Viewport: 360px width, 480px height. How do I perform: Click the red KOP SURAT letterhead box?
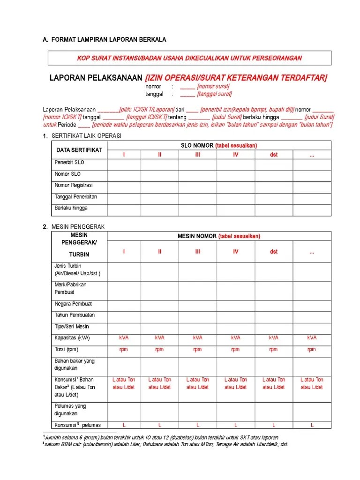[x=189, y=58]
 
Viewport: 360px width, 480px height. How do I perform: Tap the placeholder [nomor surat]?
[x=213, y=87]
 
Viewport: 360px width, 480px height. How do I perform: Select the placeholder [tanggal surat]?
[x=214, y=94]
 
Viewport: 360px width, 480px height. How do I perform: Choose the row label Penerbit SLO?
[x=69, y=163]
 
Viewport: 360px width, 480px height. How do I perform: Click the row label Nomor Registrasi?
[x=74, y=185]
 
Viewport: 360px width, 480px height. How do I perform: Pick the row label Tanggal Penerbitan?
[x=75, y=197]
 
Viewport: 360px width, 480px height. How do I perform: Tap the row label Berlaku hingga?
[x=71, y=208]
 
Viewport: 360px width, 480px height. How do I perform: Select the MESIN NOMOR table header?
[x=219, y=236]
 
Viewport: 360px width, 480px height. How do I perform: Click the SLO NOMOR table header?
[x=219, y=146]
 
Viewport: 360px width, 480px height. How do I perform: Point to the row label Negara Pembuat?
[x=73, y=304]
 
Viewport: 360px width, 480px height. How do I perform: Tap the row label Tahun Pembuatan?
[x=75, y=315]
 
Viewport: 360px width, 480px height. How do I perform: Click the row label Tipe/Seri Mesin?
[x=72, y=327]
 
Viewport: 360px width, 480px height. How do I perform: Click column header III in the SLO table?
[x=198, y=155]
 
